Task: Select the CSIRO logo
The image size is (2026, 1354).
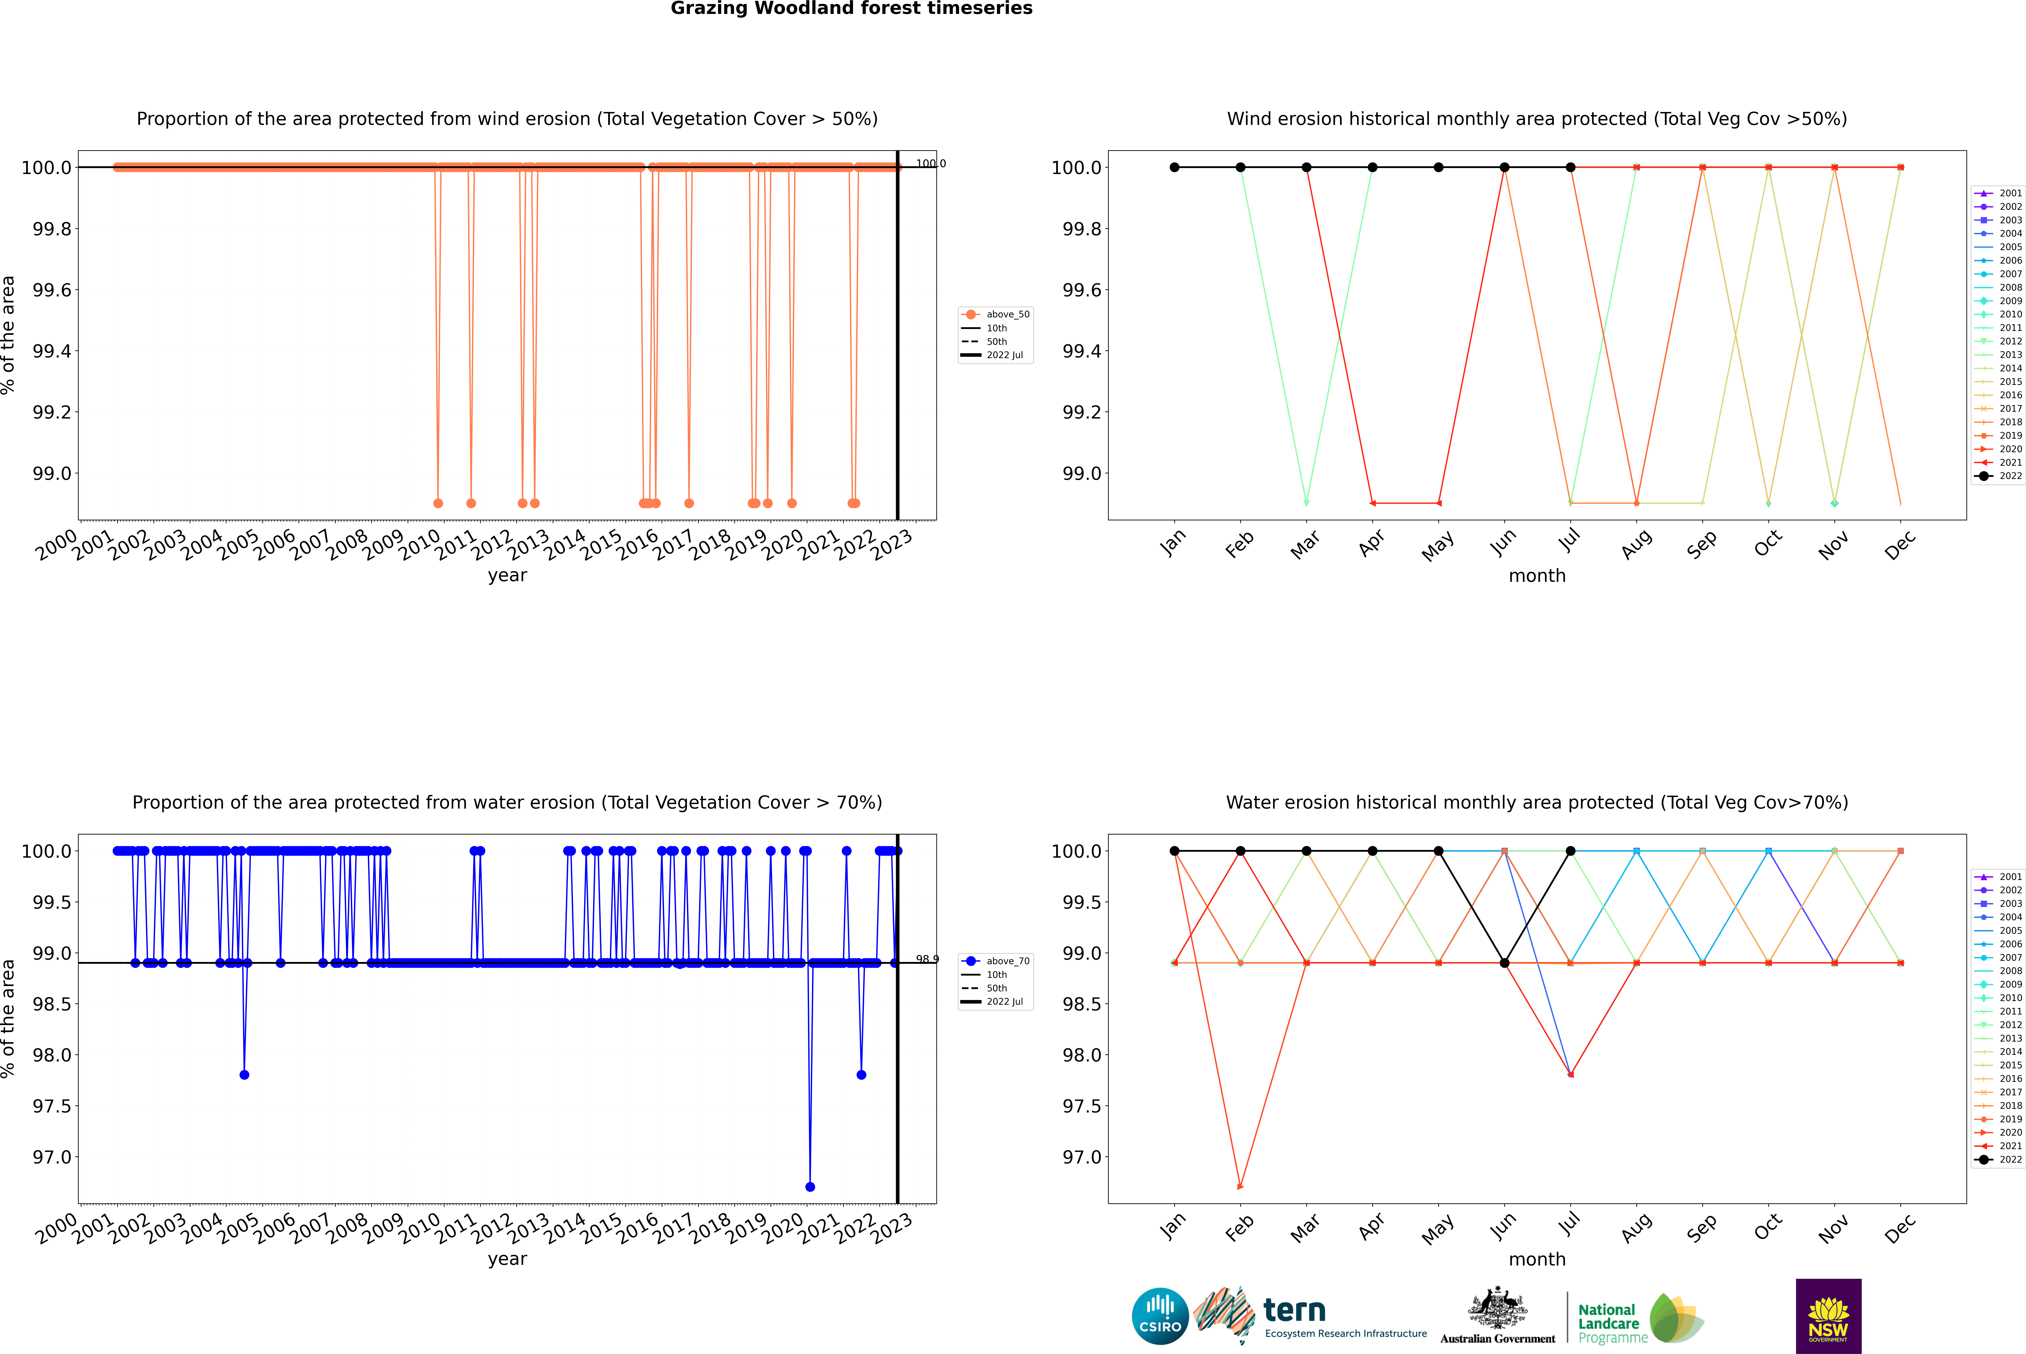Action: (x=1160, y=1316)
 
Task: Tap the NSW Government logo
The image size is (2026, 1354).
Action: (x=1828, y=1316)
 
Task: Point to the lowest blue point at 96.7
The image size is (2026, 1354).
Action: (x=809, y=1186)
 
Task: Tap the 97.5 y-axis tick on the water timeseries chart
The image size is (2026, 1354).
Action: (x=52, y=1106)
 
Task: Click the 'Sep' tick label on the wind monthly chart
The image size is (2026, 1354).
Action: (x=1701, y=545)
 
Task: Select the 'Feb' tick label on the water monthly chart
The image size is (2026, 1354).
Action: (x=1239, y=1228)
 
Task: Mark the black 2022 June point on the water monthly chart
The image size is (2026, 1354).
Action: (x=1504, y=963)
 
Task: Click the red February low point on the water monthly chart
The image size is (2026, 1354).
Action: (x=1240, y=1186)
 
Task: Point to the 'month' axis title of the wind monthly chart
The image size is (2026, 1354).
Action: (x=1536, y=576)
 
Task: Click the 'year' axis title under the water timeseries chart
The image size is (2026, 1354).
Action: (x=507, y=1259)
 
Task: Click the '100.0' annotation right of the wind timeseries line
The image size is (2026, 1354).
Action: (x=930, y=163)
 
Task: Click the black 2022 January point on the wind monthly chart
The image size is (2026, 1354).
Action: (x=1174, y=168)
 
